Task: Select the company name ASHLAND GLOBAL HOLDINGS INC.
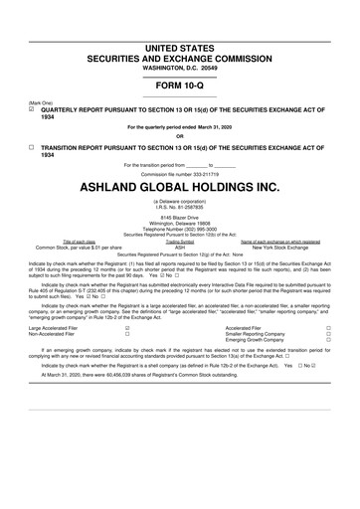(180, 186)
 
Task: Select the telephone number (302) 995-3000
(180, 228)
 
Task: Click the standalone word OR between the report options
(180, 135)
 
